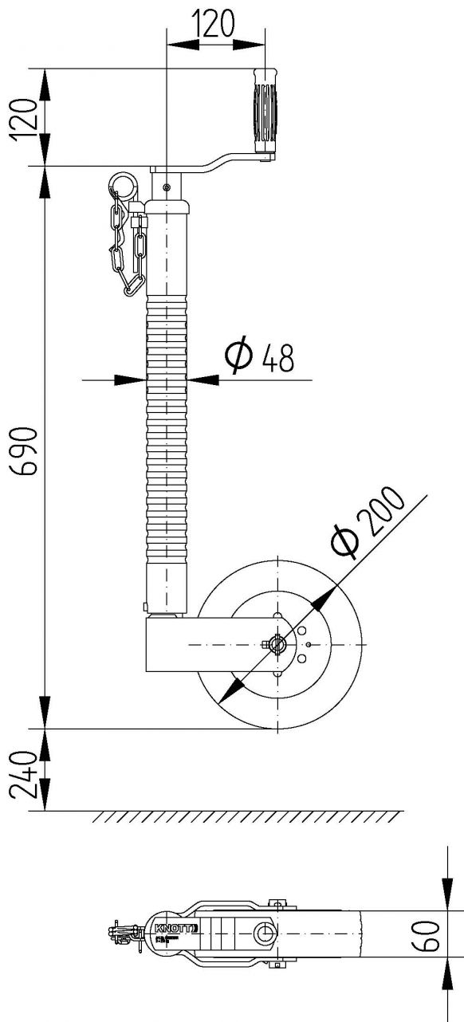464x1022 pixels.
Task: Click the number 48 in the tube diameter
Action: (277, 360)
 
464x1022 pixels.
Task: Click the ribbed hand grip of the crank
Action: (264, 111)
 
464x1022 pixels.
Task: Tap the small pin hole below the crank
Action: (166, 188)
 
